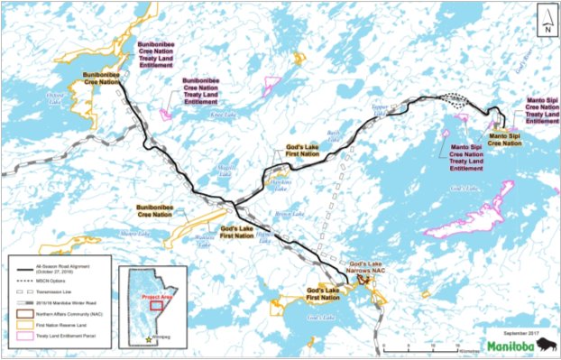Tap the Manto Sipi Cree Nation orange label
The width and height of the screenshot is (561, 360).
[x=504, y=138]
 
